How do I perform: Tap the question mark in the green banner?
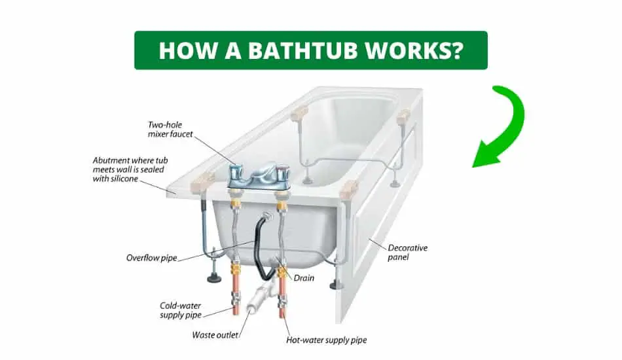456,50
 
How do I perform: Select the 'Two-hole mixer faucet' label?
170,130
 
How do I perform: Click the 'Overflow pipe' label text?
151,258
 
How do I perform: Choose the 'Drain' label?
304,278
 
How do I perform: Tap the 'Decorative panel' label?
407,253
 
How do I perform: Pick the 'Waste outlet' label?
215,335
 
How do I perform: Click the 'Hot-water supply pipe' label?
327,340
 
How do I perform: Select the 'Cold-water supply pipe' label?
181,310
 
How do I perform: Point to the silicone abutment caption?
130,170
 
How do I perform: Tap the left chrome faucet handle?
236,172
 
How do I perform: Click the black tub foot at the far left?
214,279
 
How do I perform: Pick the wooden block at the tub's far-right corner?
403,117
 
